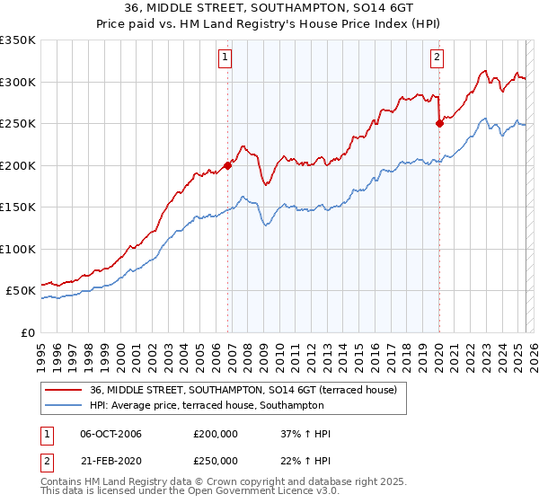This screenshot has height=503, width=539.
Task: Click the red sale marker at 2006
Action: click(228, 165)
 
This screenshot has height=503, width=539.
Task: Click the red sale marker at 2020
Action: click(439, 124)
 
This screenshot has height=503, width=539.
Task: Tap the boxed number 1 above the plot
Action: click(224, 58)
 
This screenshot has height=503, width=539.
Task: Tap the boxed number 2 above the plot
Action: click(437, 58)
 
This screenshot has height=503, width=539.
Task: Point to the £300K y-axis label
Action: click(18, 82)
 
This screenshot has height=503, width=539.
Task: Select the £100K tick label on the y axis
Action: click(18, 249)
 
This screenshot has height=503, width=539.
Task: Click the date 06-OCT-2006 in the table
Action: click(111, 435)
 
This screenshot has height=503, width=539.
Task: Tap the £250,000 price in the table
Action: click(216, 461)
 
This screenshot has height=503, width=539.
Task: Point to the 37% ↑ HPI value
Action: click(306, 435)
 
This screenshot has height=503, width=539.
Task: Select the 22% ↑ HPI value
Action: click(306, 461)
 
